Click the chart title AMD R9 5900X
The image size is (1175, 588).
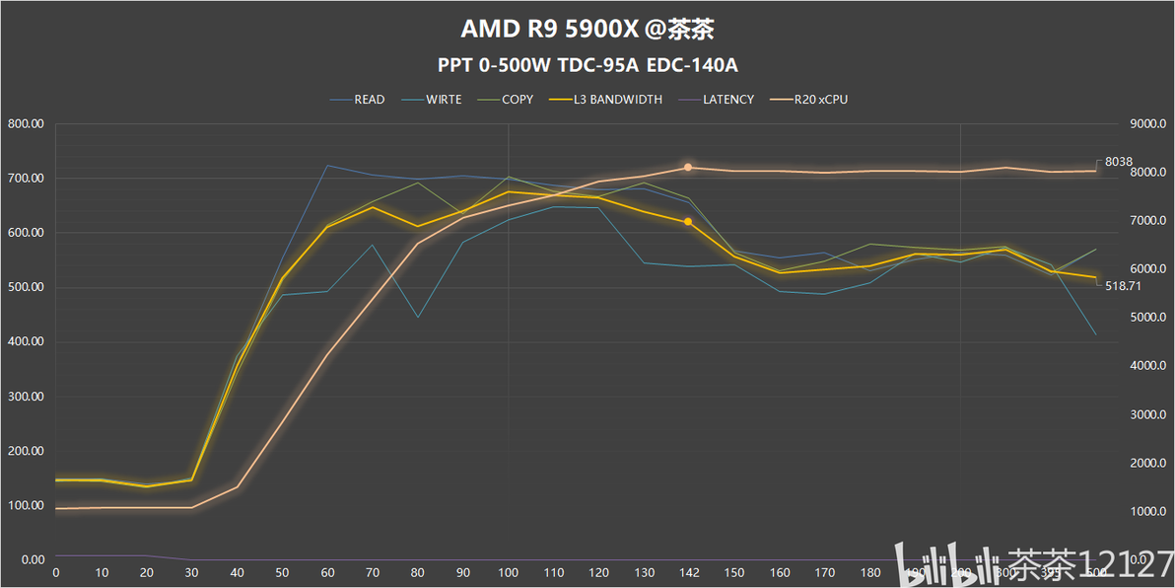click(x=587, y=29)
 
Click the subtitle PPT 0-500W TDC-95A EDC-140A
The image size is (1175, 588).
click(x=587, y=66)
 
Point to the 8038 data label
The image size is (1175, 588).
click(x=1118, y=162)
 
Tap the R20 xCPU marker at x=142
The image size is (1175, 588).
click(x=688, y=168)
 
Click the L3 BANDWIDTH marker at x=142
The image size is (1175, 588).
click(x=688, y=222)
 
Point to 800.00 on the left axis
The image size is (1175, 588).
click(x=27, y=124)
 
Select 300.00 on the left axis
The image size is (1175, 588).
click(x=27, y=397)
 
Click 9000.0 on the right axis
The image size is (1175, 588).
click(x=1147, y=124)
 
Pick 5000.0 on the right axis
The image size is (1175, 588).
click(x=1147, y=318)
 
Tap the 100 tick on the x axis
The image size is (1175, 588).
click(x=508, y=572)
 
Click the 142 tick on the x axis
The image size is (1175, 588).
click(x=688, y=572)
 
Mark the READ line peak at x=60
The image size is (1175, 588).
click(x=327, y=166)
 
